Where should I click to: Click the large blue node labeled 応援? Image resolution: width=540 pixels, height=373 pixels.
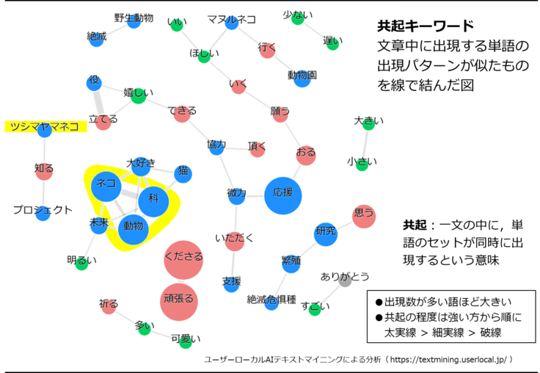pos(282,196)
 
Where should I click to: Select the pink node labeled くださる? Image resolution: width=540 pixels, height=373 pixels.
pos(183,259)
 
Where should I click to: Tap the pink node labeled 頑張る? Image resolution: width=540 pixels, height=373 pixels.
pos(179,302)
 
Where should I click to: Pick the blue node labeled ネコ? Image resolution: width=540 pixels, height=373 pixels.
pos(106,186)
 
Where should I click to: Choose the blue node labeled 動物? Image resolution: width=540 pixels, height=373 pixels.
pos(134,229)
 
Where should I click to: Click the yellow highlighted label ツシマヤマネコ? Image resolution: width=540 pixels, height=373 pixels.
pos(45,126)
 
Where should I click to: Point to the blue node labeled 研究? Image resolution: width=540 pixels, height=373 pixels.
pos(326,233)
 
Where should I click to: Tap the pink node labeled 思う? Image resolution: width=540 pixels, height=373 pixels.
pos(364,216)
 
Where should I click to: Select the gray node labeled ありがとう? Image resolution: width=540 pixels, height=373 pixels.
pos(345,280)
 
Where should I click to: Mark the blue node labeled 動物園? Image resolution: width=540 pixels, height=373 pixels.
pos(302,78)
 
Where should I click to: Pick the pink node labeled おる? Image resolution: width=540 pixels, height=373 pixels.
pos(306,155)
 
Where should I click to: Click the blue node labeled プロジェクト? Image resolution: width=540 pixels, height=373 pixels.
pos(43,213)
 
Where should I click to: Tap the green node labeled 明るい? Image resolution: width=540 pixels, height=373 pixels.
pos(81,263)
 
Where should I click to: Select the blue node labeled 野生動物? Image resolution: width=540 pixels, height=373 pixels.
pos(134,20)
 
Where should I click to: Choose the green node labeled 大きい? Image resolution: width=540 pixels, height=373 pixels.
pos(368,123)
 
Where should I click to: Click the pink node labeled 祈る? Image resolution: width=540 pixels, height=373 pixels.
pos(109,306)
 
